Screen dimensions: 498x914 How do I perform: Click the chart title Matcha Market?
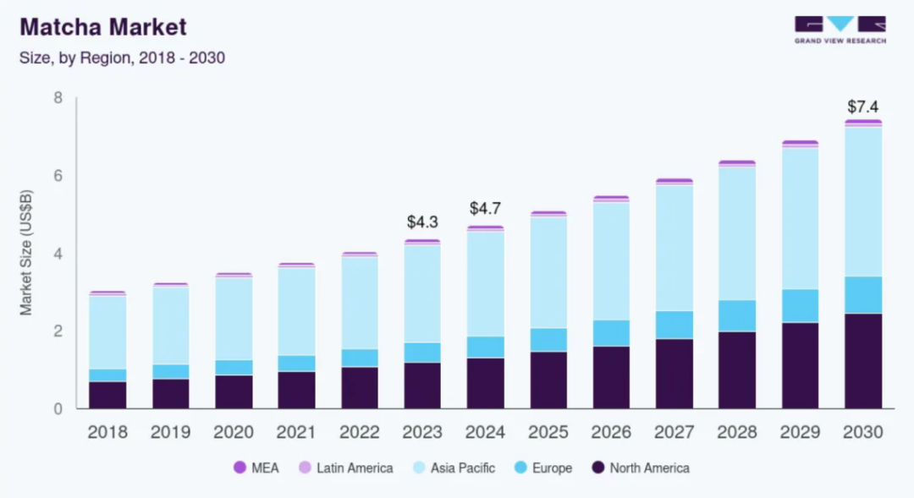coord(102,27)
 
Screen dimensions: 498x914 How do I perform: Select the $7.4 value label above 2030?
coord(862,107)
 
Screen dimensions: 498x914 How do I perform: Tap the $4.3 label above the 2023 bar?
coord(422,222)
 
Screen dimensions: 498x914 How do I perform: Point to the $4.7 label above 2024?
coord(485,209)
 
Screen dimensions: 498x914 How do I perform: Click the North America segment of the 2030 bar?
coord(862,361)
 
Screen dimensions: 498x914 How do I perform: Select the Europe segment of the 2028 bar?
coord(736,315)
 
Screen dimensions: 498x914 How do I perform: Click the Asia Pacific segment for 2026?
coord(611,261)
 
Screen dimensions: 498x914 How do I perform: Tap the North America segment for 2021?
coord(296,390)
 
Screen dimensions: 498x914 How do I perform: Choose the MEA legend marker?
coord(240,468)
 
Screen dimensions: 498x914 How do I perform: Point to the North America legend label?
coord(650,468)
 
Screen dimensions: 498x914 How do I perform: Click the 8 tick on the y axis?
coord(58,98)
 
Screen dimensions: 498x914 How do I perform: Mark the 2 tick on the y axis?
coord(58,331)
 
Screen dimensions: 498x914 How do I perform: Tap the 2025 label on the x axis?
coord(548,432)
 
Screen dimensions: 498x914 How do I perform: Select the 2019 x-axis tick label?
coord(171,432)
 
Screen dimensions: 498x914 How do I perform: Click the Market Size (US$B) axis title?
coord(27,253)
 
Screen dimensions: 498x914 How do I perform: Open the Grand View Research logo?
coord(840,30)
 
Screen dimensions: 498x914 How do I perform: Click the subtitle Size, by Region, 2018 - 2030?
coord(122,59)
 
